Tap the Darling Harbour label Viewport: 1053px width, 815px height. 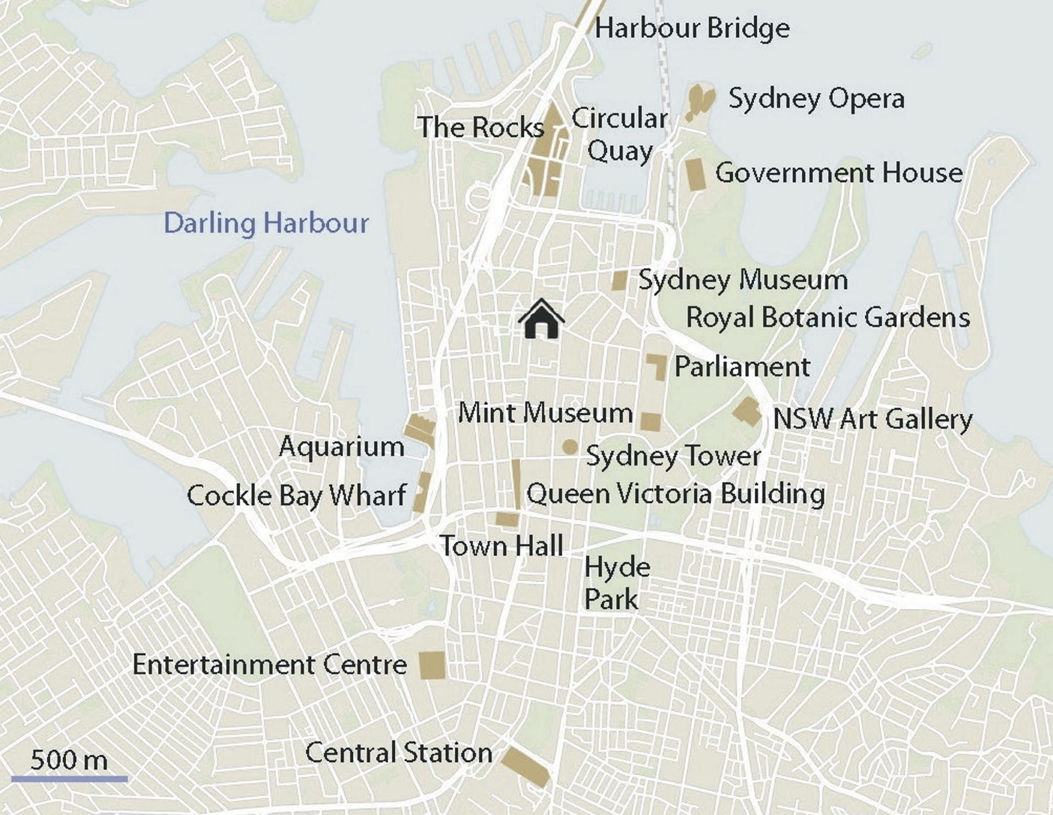[x=266, y=223]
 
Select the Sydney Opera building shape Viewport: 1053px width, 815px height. [x=700, y=101]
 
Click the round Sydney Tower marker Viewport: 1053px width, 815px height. [x=570, y=447]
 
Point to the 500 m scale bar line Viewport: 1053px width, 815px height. [x=69, y=778]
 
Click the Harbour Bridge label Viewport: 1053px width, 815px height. [x=692, y=28]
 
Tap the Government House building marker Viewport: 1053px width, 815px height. [x=695, y=174]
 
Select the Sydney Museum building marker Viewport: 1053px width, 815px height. [x=619, y=280]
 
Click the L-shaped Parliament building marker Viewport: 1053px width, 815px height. [x=658, y=365]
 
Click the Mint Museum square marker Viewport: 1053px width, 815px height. [x=650, y=422]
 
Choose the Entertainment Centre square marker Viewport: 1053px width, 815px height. [x=432, y=665]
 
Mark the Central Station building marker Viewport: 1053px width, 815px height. [x=525, y=766]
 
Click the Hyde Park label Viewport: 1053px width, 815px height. [x=616, y=582]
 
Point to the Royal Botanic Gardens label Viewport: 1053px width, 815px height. [x=828, y=318]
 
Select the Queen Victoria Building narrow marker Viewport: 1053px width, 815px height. [x=516, y=484]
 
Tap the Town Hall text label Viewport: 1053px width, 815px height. [x=502, y=546]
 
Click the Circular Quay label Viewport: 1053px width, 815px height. [x=620, y=134]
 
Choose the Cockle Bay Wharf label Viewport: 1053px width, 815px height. [x=296, y=496]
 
